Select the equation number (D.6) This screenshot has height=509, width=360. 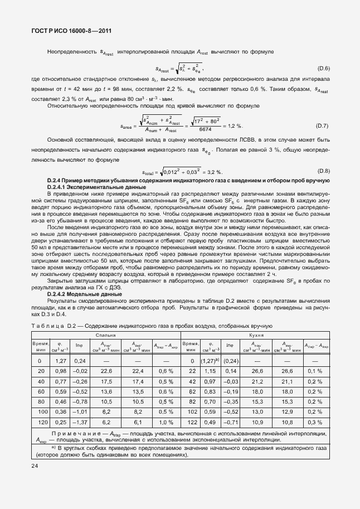point(324,69)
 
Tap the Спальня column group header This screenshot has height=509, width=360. point(105,336)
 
